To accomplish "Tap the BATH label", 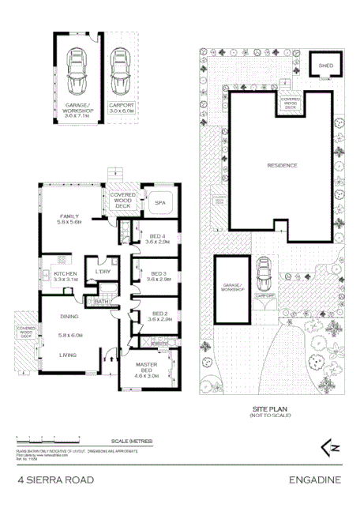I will (102, 301).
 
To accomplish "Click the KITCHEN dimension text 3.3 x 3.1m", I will (58, 280).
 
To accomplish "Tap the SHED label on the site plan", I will (324, 66).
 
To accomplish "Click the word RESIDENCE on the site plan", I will (281, 165).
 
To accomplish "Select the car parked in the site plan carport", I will (265, 275).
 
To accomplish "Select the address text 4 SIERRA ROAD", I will (56, 479).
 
